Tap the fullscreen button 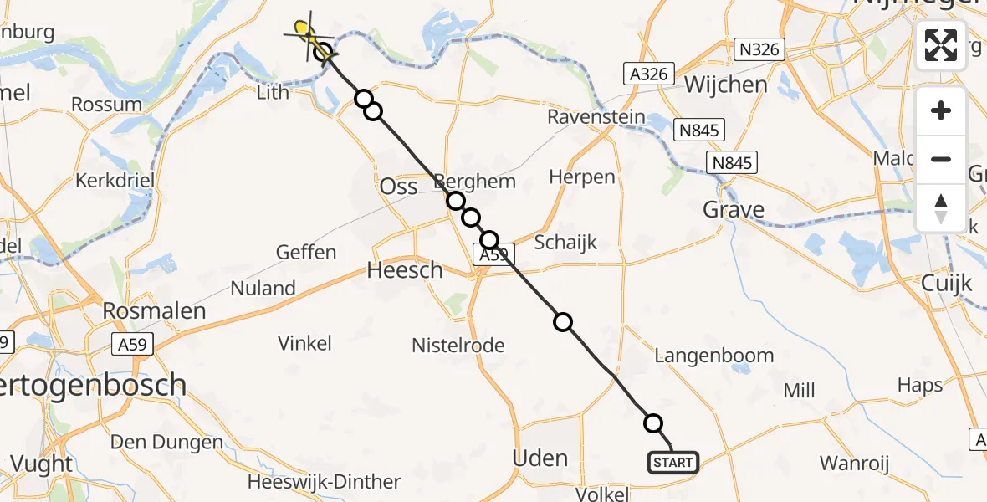[x=941, y=44]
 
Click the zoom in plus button [x=941, y=110]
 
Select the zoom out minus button [x=941, y=159]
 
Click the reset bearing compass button [x=941, y=207]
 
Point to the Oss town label [x=398, y=187]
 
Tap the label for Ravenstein [x=596, y=116]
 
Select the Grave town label [x=734, y=209]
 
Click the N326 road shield [x=759, y=49]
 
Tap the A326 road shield [x=648, y=74]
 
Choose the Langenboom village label [x=713, y=356]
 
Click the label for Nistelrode [x=458, y=345]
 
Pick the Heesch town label [x=405, y=270]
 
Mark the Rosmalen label [x=153, y=311]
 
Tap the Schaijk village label [x=566, y=243]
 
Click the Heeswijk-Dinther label [x=325, y=482]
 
